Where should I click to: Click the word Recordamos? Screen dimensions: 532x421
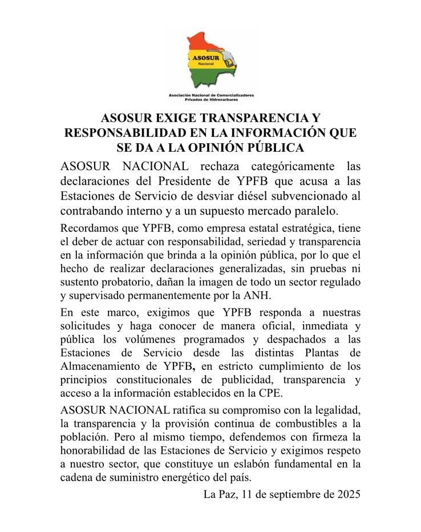point(91,228)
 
